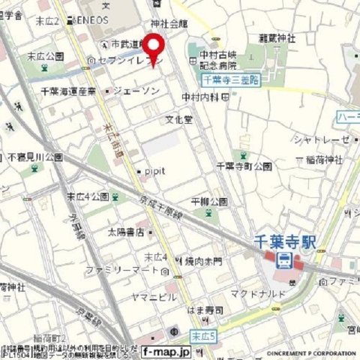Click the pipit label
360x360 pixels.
pyautogui.click(x=157, y=172)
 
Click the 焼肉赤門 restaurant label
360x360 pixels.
pyautogui.click(x=202, y=260)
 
